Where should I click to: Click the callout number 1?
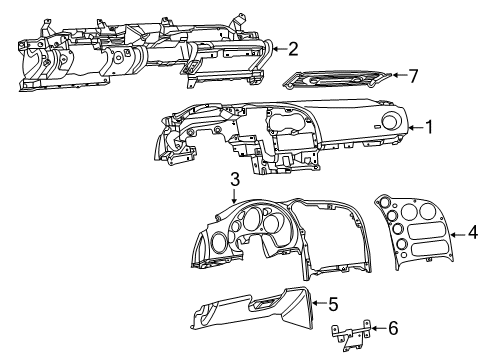point(429,127)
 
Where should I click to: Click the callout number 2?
point(292,47)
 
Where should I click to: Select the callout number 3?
point(233,179)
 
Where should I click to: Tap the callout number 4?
point(471,236)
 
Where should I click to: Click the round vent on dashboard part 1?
point(388,123)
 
